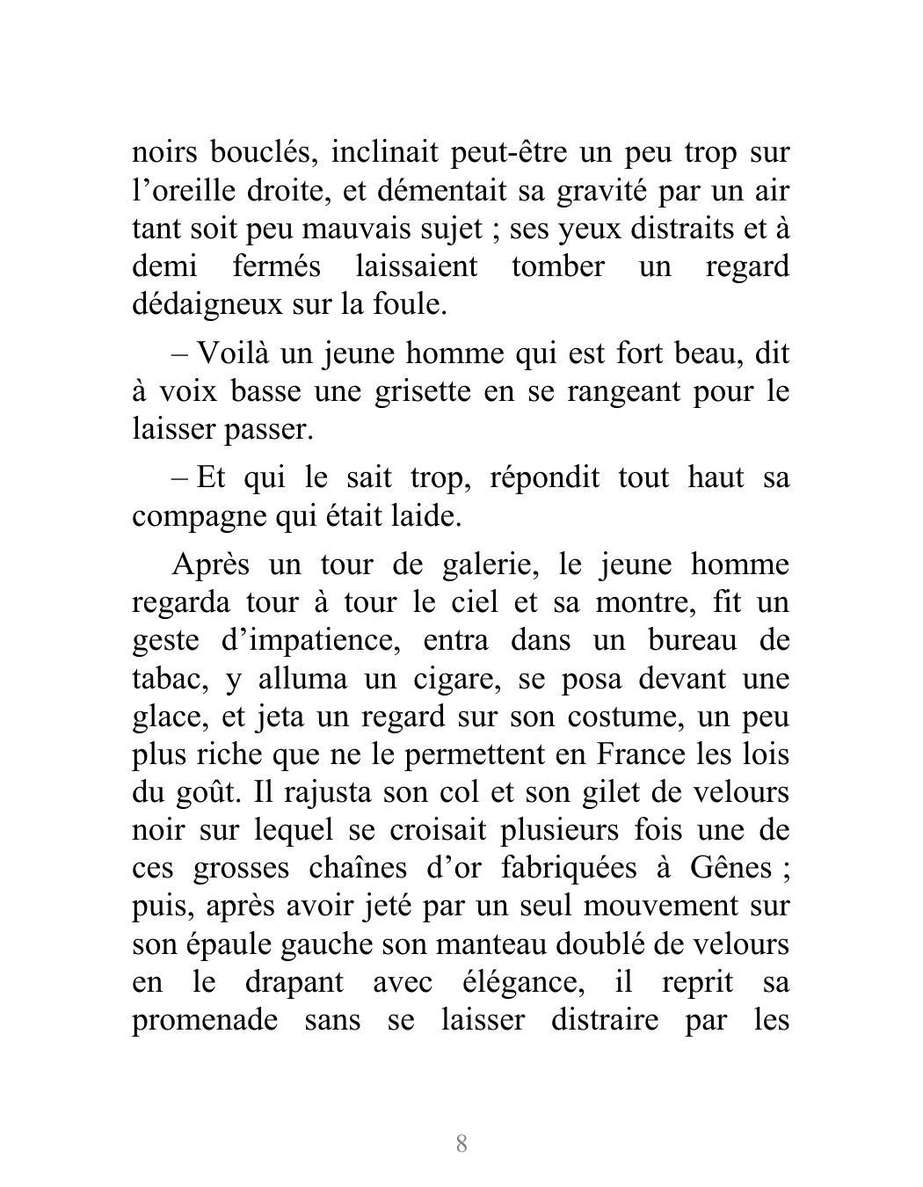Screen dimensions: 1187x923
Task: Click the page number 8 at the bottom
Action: (461, 1144)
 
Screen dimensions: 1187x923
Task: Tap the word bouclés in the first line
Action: (258, 153)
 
